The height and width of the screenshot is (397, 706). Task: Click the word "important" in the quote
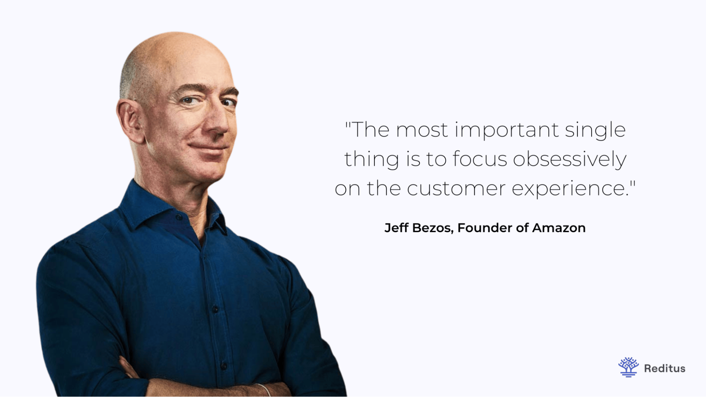pyautogui.click(x=506, y=130)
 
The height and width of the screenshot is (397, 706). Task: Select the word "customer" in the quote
pyautogui.click(x=456, y=188)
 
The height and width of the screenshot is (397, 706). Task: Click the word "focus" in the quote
pyautogui.click(x=480, y=159)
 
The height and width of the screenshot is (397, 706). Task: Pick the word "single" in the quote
pyautogui.click(x=595, y=130)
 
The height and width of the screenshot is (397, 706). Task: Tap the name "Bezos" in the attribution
pyautogui.click(x=432, y=228)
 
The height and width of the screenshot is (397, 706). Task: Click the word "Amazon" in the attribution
pyautogui.click(x=559, y=228)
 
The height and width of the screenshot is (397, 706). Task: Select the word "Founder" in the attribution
pyautogui.click(x=485, y=228)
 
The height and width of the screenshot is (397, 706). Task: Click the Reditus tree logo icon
pyautogui.click(x=628, y=367)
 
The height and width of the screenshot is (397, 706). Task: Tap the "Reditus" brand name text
pyautogui.click(x=664, y=368)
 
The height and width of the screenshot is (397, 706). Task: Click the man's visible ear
pyautogui.click(x=131, y=120)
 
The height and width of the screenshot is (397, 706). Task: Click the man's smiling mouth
pyautogui.click(x=208, y=148)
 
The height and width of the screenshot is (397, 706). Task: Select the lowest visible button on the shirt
pyautogui.click(x=224, y=365)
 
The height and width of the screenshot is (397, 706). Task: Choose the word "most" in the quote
pyautogui.click(x=422, y=130)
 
